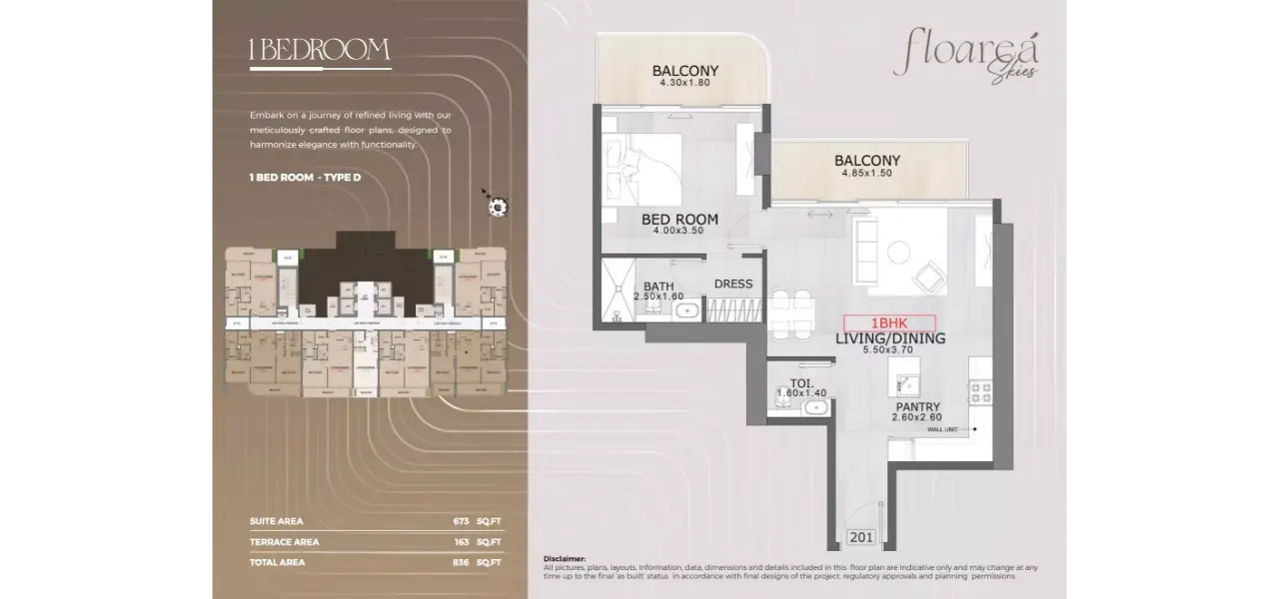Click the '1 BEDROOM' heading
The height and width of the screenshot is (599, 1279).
coord(320,51)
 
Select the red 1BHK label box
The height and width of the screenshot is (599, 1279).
coord(889,323)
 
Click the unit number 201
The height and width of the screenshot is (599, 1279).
coord(860,537)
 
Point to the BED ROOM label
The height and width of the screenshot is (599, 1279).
coord(679,220)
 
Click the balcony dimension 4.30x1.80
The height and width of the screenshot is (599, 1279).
coord(684,83)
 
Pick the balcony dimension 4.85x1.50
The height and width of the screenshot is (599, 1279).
coord(866,173)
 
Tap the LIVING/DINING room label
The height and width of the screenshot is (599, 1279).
coord(890,339)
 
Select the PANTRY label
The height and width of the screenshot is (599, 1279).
coord(917,406)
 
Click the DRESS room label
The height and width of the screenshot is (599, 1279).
coord(733,284)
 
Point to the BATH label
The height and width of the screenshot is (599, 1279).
coord(658,287)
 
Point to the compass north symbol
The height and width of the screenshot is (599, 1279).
coord(497,206)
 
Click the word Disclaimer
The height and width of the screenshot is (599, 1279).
coord(565,559)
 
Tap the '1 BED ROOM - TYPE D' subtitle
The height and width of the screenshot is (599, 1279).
coord(305,177)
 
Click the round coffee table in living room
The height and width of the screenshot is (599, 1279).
coord(901,251)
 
